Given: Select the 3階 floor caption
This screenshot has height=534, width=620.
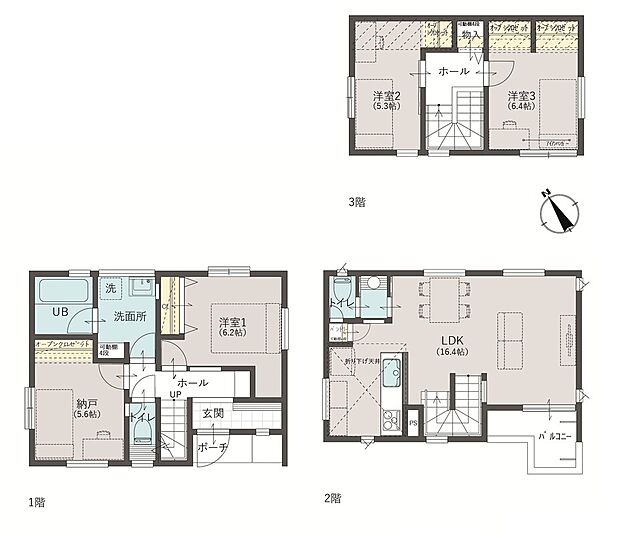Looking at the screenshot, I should click(x=357, y=202).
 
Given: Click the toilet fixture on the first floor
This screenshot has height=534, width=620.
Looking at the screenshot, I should click(x=142, y=432).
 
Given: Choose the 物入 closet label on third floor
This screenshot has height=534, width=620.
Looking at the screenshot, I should click(x=470, y=36).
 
